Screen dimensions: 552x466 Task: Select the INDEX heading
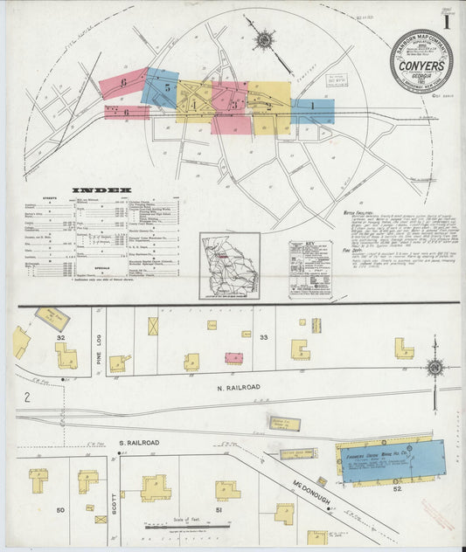(x=101, y=190)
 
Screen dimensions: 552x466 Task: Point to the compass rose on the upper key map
(x=264, y=38)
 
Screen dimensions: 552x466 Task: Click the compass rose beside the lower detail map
(x=435, y=368)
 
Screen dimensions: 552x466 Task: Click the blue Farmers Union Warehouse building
(x=392, y=461)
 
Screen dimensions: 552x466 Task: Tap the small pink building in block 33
(x=233, y=358)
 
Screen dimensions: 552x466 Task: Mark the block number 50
(x=60, y=509)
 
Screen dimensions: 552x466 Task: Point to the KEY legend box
(x=310, y=266)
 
